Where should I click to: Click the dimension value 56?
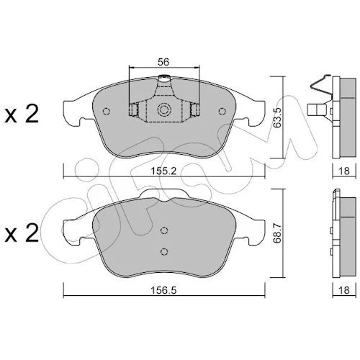(163, 62)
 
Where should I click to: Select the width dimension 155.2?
(163, 171)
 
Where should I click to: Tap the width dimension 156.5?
(163, 291)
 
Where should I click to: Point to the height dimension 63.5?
(278, 117)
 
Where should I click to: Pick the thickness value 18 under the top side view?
(344, 171)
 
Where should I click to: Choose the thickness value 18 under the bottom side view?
(344, 290)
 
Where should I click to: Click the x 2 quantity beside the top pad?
(22, 114)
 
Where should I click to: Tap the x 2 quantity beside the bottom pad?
(22, 233)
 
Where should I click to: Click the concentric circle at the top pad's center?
(164, 110)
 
